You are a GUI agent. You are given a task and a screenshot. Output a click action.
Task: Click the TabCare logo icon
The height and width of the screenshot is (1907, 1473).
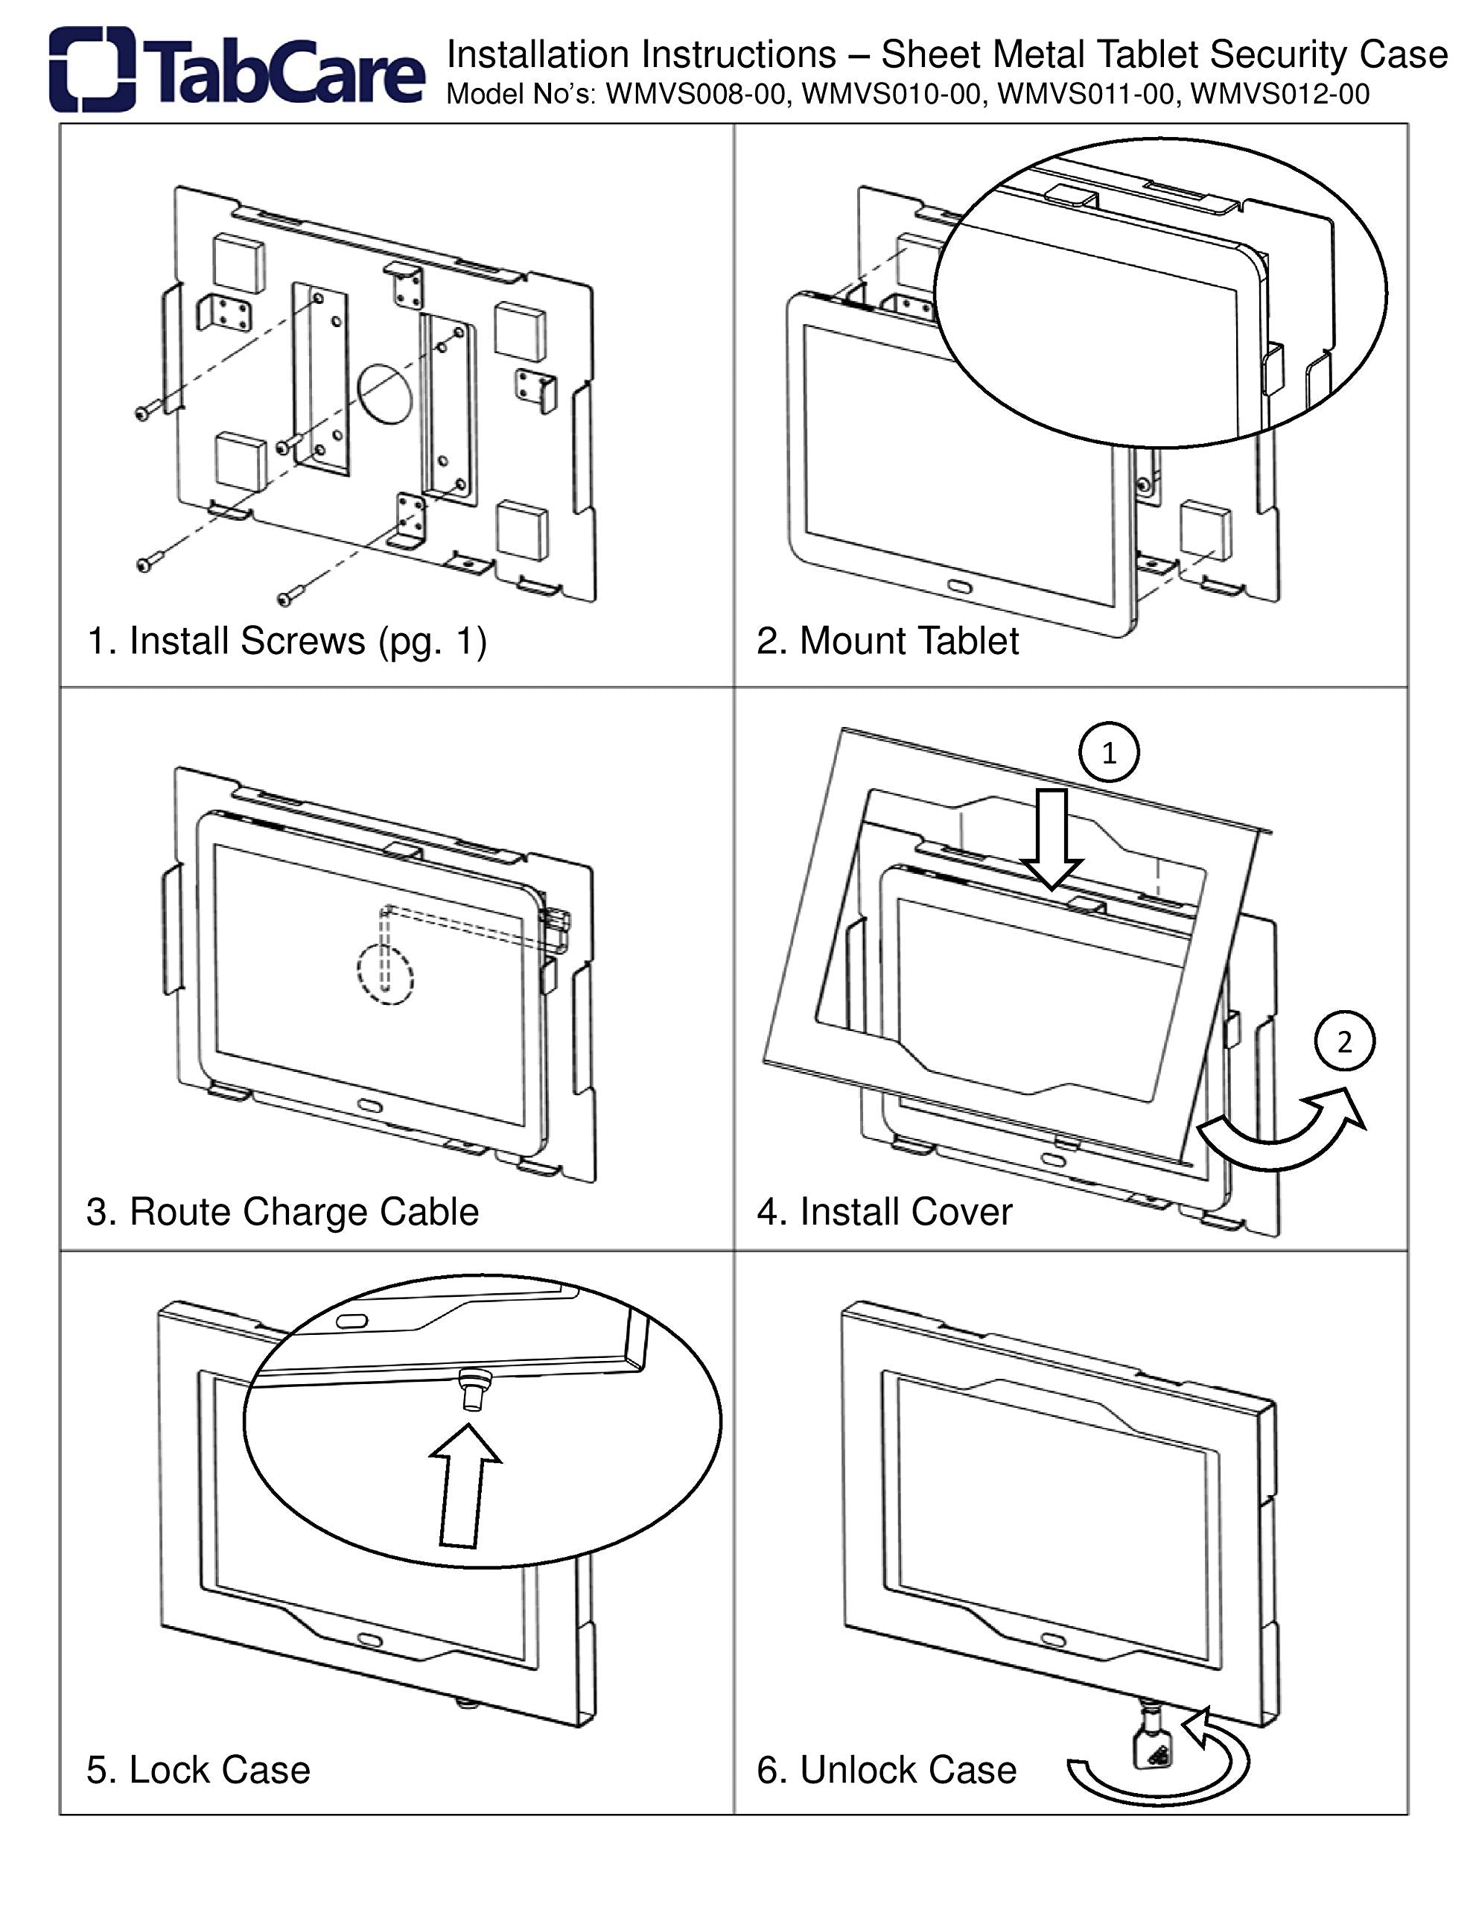92,70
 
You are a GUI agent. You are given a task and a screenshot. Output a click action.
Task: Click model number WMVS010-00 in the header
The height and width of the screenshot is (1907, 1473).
890,95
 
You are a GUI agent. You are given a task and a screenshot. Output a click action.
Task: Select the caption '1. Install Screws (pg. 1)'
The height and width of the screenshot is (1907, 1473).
287,641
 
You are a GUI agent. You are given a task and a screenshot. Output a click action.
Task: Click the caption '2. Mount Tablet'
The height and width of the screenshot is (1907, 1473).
887,641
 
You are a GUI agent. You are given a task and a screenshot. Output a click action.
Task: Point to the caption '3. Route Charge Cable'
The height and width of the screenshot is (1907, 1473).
282,1212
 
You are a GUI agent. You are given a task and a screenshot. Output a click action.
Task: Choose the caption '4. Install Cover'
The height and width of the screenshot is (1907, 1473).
884,1212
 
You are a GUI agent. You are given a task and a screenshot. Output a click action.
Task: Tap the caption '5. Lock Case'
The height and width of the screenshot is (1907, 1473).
198,1770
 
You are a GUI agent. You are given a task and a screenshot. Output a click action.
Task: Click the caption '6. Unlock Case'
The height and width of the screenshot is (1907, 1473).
886,1770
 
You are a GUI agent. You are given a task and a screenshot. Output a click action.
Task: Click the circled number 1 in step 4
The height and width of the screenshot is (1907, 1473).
1109,752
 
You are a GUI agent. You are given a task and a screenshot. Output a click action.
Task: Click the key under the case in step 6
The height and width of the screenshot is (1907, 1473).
1151,1746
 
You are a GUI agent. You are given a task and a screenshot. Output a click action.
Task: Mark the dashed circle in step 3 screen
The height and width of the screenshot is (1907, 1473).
385,974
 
